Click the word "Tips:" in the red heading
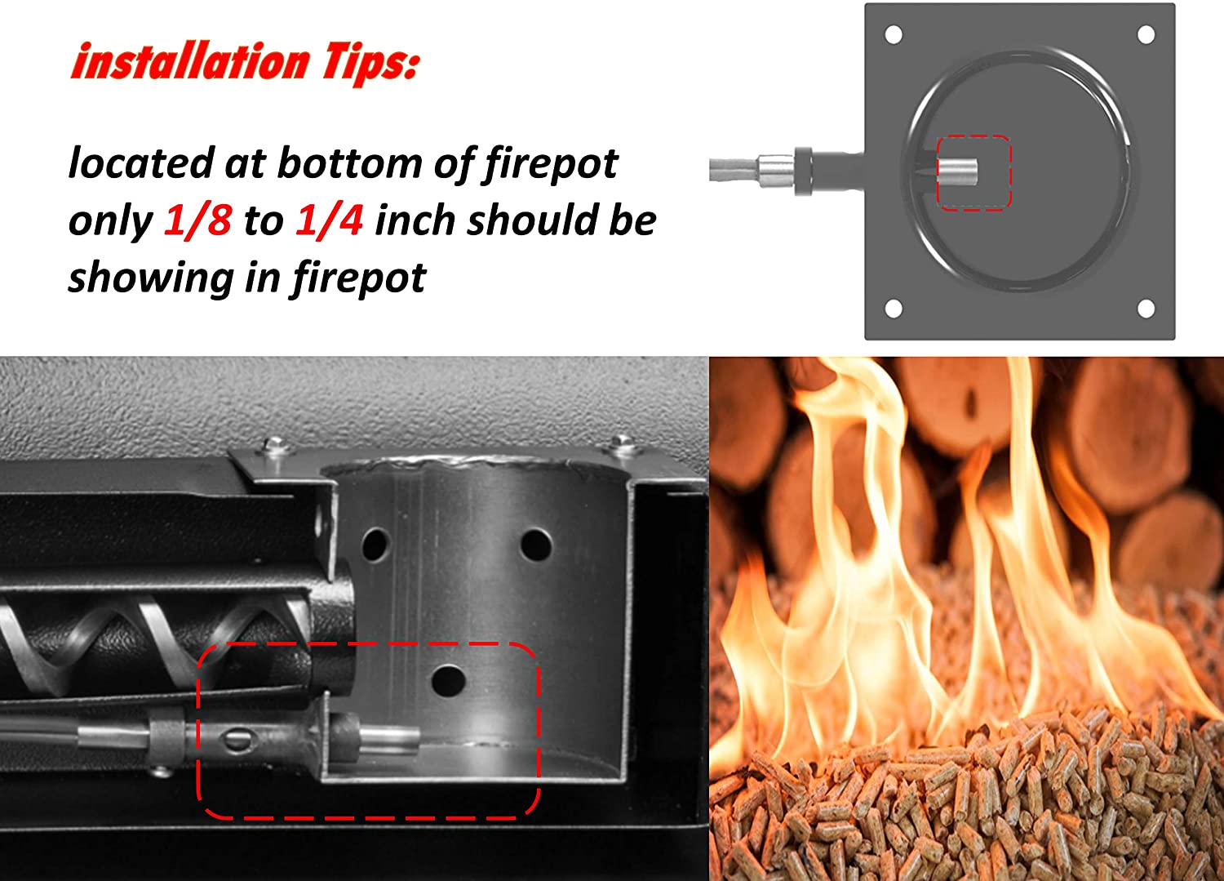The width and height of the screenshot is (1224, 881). tap(371, 62)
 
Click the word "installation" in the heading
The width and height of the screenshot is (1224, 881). tap(191, 60)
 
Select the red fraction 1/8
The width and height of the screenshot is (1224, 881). tap(197, 220)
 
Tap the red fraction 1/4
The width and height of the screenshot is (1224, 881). tap(330, 220)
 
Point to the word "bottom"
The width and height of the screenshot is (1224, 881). tap(350, 163)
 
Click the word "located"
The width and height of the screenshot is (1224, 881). tap(141, 163)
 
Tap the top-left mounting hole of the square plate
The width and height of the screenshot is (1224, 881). tap(894, 34)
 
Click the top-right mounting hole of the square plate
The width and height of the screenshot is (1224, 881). tap(1146, 34)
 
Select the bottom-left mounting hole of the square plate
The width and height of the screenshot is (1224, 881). tap(894, 309)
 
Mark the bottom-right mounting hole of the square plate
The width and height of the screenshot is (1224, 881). tap(1146, 309)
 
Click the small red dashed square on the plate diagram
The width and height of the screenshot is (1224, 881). tap(973, 136)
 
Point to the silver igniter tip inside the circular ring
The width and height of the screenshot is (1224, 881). tap(957, 171)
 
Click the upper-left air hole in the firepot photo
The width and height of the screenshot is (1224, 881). tap(375, 544)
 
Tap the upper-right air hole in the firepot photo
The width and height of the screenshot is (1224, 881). tap(536, 545)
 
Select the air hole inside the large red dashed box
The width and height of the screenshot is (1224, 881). tap(448, 681)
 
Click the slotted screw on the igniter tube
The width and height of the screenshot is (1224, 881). tap(238, 741)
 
